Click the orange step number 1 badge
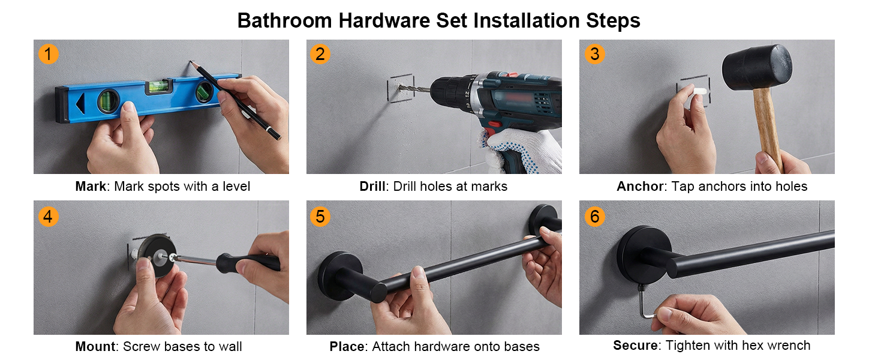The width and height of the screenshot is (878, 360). pyautogui.click(x=48, y=54)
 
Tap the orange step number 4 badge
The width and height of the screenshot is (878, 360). pyautogui.click(x=48, y=215)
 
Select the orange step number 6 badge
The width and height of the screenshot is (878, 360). pyautogui.click(x=594, y=215)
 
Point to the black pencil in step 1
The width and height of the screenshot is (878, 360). pyautogui.click(x=240, y=102)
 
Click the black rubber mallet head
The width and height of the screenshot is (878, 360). pyautogui.click(x=756, y=68)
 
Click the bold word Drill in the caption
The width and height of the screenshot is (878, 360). pyautogui.click(x=374, y=187)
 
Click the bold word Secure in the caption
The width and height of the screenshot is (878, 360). pyautogui.click(x=636, y=346)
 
